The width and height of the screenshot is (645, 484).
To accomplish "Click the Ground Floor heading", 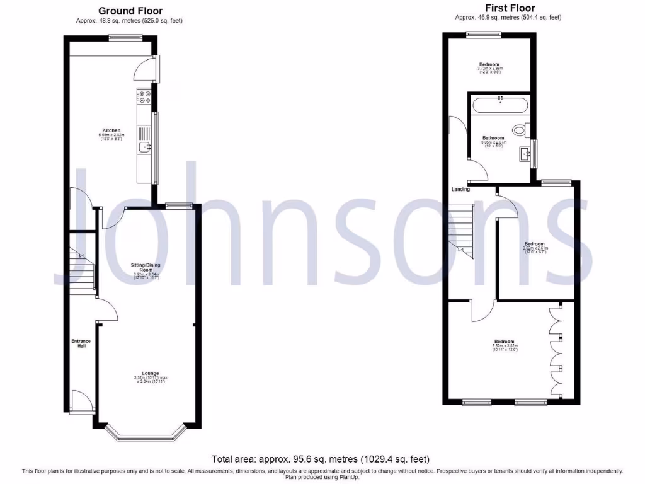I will click(x=130, y=11).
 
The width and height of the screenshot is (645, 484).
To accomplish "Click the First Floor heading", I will click(x=510, y=8).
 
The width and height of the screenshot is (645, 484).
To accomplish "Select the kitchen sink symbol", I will click(x=145, y=147).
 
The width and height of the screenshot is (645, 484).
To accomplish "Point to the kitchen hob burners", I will click(x=144, y=98).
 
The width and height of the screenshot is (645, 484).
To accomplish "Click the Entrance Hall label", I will click(x=81, y=343).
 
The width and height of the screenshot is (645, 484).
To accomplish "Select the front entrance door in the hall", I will click(x=80, y=401).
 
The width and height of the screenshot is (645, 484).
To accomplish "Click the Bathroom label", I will click(x=493, y=138).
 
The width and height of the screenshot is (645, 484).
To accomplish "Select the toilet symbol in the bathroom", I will click(x=519, y=130).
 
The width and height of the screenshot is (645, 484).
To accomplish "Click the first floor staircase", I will click(x=462, y=230).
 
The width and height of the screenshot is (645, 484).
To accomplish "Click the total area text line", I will click(x=322, y=459).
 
